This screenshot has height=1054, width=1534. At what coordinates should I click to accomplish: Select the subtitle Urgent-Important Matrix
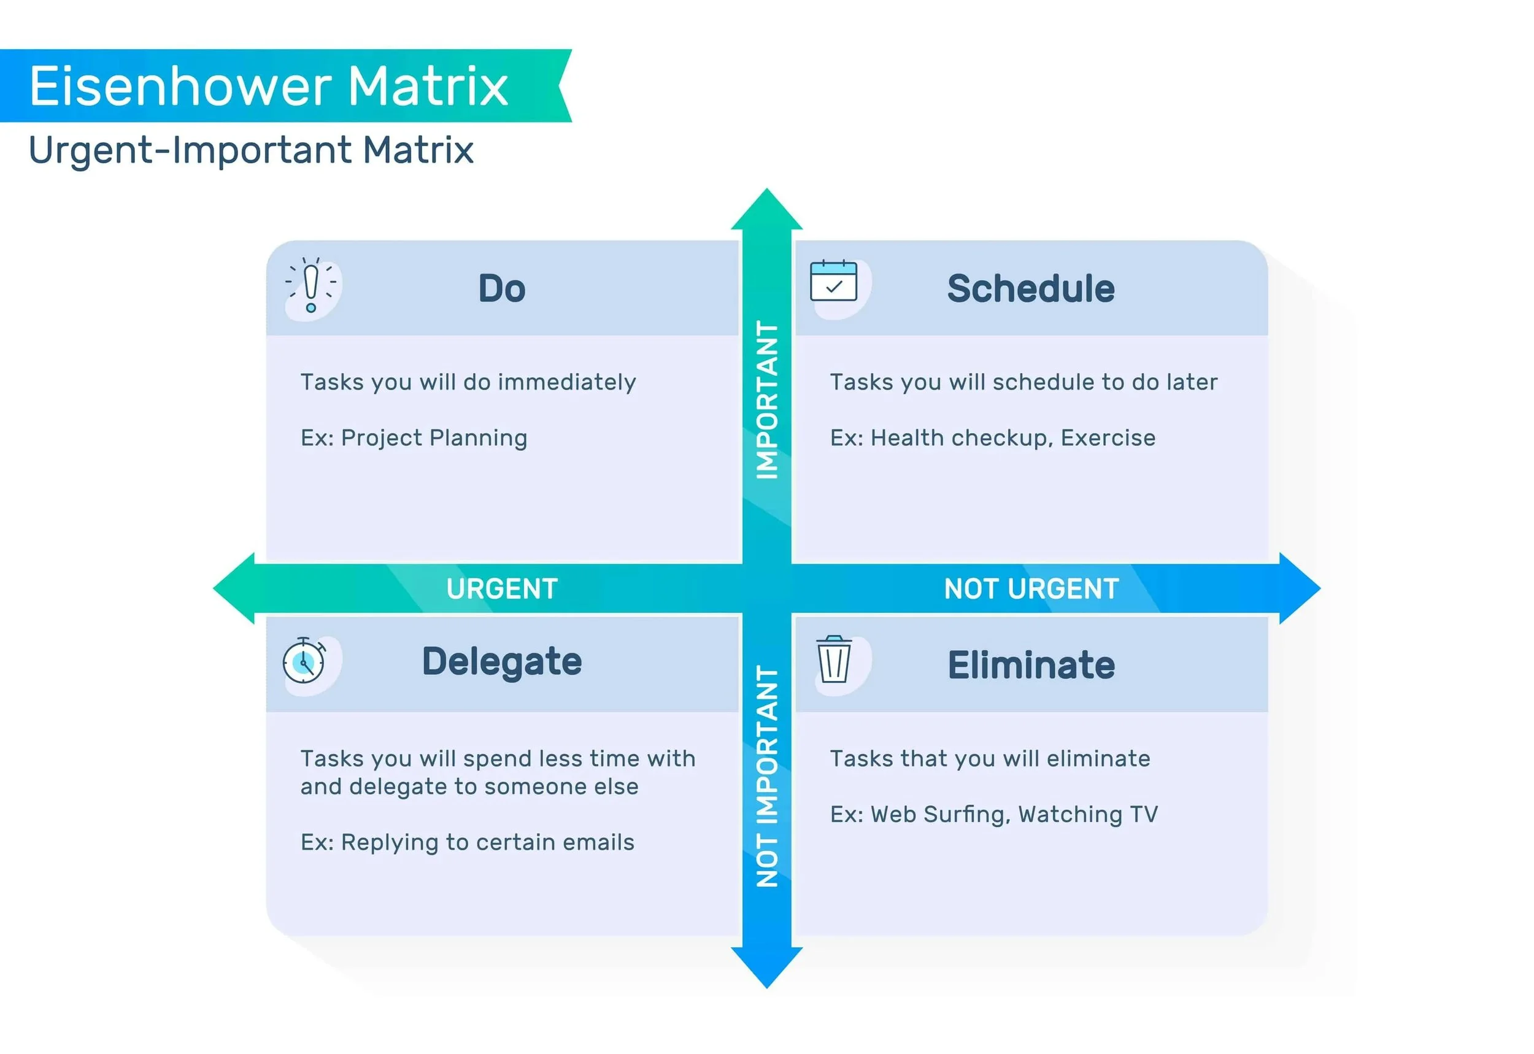[251, 150]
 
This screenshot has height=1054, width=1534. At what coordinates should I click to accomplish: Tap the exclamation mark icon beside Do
[311, 287]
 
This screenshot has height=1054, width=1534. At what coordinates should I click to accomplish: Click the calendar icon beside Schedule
[833, 282]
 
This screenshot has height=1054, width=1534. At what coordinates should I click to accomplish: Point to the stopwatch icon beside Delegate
[304, 660]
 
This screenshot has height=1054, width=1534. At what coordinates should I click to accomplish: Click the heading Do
[502, 288]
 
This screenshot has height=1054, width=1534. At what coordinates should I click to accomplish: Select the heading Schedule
[1031, 288]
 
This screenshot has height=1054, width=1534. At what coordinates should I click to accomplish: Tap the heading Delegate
[502, 662]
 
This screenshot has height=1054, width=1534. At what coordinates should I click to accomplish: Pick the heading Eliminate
[1031, 665]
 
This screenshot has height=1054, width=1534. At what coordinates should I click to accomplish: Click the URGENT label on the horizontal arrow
[502, 588]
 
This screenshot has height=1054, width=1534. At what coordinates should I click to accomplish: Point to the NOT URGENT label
[1031, 588]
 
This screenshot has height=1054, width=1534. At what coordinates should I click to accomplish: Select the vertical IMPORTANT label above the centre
[766, 399]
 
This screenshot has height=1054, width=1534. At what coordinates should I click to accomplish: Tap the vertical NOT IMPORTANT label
[766, 776]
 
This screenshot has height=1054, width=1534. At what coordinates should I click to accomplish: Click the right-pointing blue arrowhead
[1298, 588]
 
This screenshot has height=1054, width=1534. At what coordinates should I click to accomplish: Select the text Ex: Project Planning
[414, 438]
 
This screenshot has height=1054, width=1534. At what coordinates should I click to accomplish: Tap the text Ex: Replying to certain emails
[468, 843]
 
